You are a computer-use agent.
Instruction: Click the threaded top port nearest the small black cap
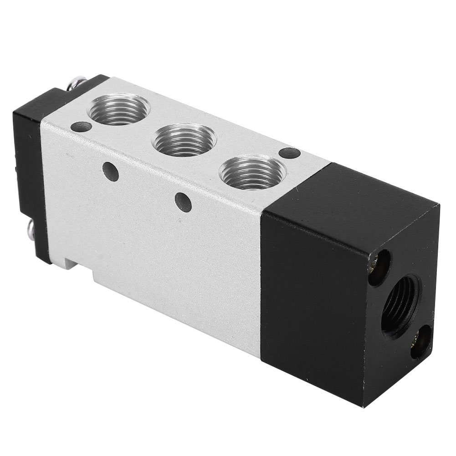point(120,109)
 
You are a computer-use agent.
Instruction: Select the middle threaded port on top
point(184,140)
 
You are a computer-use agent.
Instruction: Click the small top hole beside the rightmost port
point(289,153)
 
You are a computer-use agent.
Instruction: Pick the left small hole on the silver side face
point(110,171)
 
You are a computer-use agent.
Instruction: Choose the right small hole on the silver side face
point(183,202)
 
